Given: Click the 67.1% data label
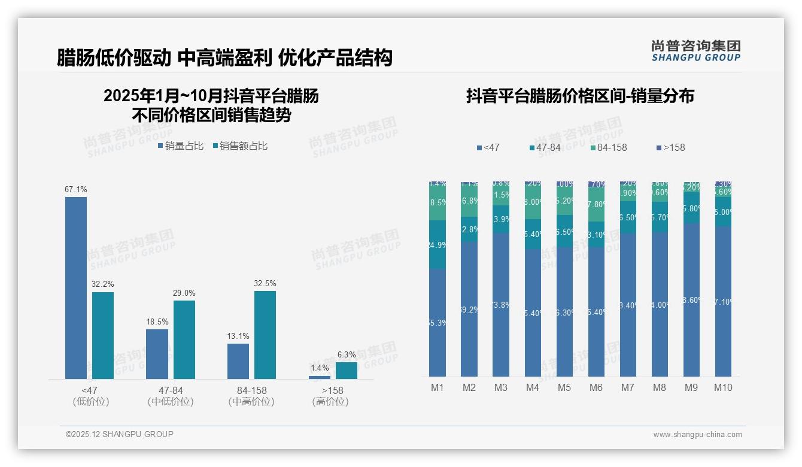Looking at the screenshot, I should pyautogui.click(x=76, y=189).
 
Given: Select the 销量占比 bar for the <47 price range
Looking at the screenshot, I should pyautogui.click(x=76, y=287).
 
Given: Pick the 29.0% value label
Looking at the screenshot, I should pyautogui.click(x=184, y=293).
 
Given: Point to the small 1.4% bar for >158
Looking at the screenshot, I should pyautogui.click(x=320, y=377).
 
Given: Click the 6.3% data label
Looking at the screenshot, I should pyautogui.click(x=347, y=354).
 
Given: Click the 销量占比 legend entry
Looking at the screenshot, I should pyautogui.click(x=181, y=145).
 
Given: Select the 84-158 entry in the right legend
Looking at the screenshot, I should pyautogui.click(x=608, y=147).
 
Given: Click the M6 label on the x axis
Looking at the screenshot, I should pyautogui.click(x=596, y=387).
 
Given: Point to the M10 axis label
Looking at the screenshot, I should pyautogui.click(x=723, y=387).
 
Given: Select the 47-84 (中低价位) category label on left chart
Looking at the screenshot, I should pyautogui.click(x=171, y=396).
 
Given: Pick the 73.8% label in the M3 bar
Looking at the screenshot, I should pyautogui.click(x=501, y=305).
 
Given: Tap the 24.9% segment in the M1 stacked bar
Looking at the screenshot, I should pyautogui.click(x=438, y=244).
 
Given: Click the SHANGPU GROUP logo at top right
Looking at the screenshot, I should pyautogui.click(x=695, y=51).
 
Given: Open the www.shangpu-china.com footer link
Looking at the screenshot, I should pyautogui.click(x=697, y=434).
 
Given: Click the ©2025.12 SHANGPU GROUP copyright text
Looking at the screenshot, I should pyautogui.click(x=120, y=434).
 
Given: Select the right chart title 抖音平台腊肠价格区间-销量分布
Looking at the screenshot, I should pyautogui.click(x=580, y=96).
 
